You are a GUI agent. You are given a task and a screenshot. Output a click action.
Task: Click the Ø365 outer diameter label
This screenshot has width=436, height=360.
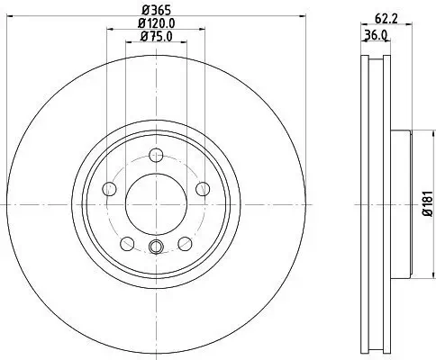click(x=156, y=11)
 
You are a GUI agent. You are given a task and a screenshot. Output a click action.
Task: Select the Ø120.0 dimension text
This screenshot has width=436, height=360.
click(x=156, y=24)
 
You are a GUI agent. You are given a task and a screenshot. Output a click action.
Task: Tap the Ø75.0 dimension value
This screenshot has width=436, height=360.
click(x=156, y=37)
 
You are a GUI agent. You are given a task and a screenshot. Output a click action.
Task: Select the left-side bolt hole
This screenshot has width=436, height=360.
click(x=110, y=188)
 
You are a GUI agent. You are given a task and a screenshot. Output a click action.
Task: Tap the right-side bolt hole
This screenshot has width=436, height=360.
click(x=202, y=187)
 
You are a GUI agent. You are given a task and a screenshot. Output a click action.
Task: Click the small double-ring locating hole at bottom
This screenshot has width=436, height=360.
click(x=156, y=248)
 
